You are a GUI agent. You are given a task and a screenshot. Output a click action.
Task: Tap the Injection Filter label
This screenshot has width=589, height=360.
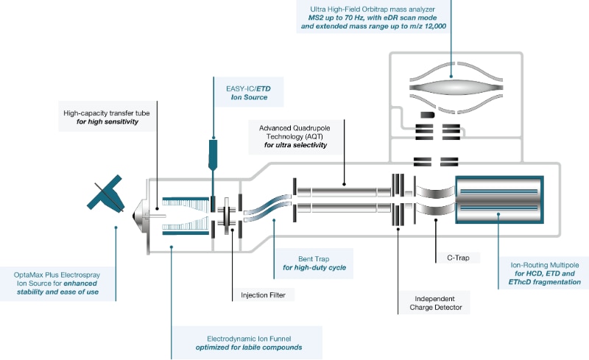263,295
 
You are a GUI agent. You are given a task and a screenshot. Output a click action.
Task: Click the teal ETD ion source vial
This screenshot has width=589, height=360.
212,153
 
